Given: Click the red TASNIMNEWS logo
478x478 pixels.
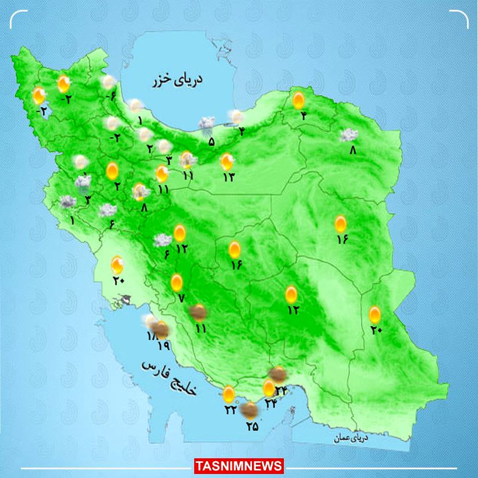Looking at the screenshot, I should (x=239, y=466).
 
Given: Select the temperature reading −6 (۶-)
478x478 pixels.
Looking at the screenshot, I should (x=111, y=96).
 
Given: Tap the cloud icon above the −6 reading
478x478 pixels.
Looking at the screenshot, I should (x=108, y=82).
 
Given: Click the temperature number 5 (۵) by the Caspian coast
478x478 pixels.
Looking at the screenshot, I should (x=211, y=141).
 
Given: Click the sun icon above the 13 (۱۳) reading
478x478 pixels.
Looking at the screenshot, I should (x=227, y=161).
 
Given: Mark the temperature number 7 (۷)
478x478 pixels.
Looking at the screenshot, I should (x=181, y=298).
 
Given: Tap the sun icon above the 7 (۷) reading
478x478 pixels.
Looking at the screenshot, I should (x=176, y=282).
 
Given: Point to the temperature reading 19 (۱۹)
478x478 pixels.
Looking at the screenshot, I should (x=164, y=346).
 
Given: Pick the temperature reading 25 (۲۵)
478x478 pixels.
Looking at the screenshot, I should (x=252, y=427).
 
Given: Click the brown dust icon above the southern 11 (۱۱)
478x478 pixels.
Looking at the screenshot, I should (x=198, y=313).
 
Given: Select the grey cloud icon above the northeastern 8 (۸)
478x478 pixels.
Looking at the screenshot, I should (x=349, y=135).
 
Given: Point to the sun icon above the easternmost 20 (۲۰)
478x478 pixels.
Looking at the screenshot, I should (x=374, y=315).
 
